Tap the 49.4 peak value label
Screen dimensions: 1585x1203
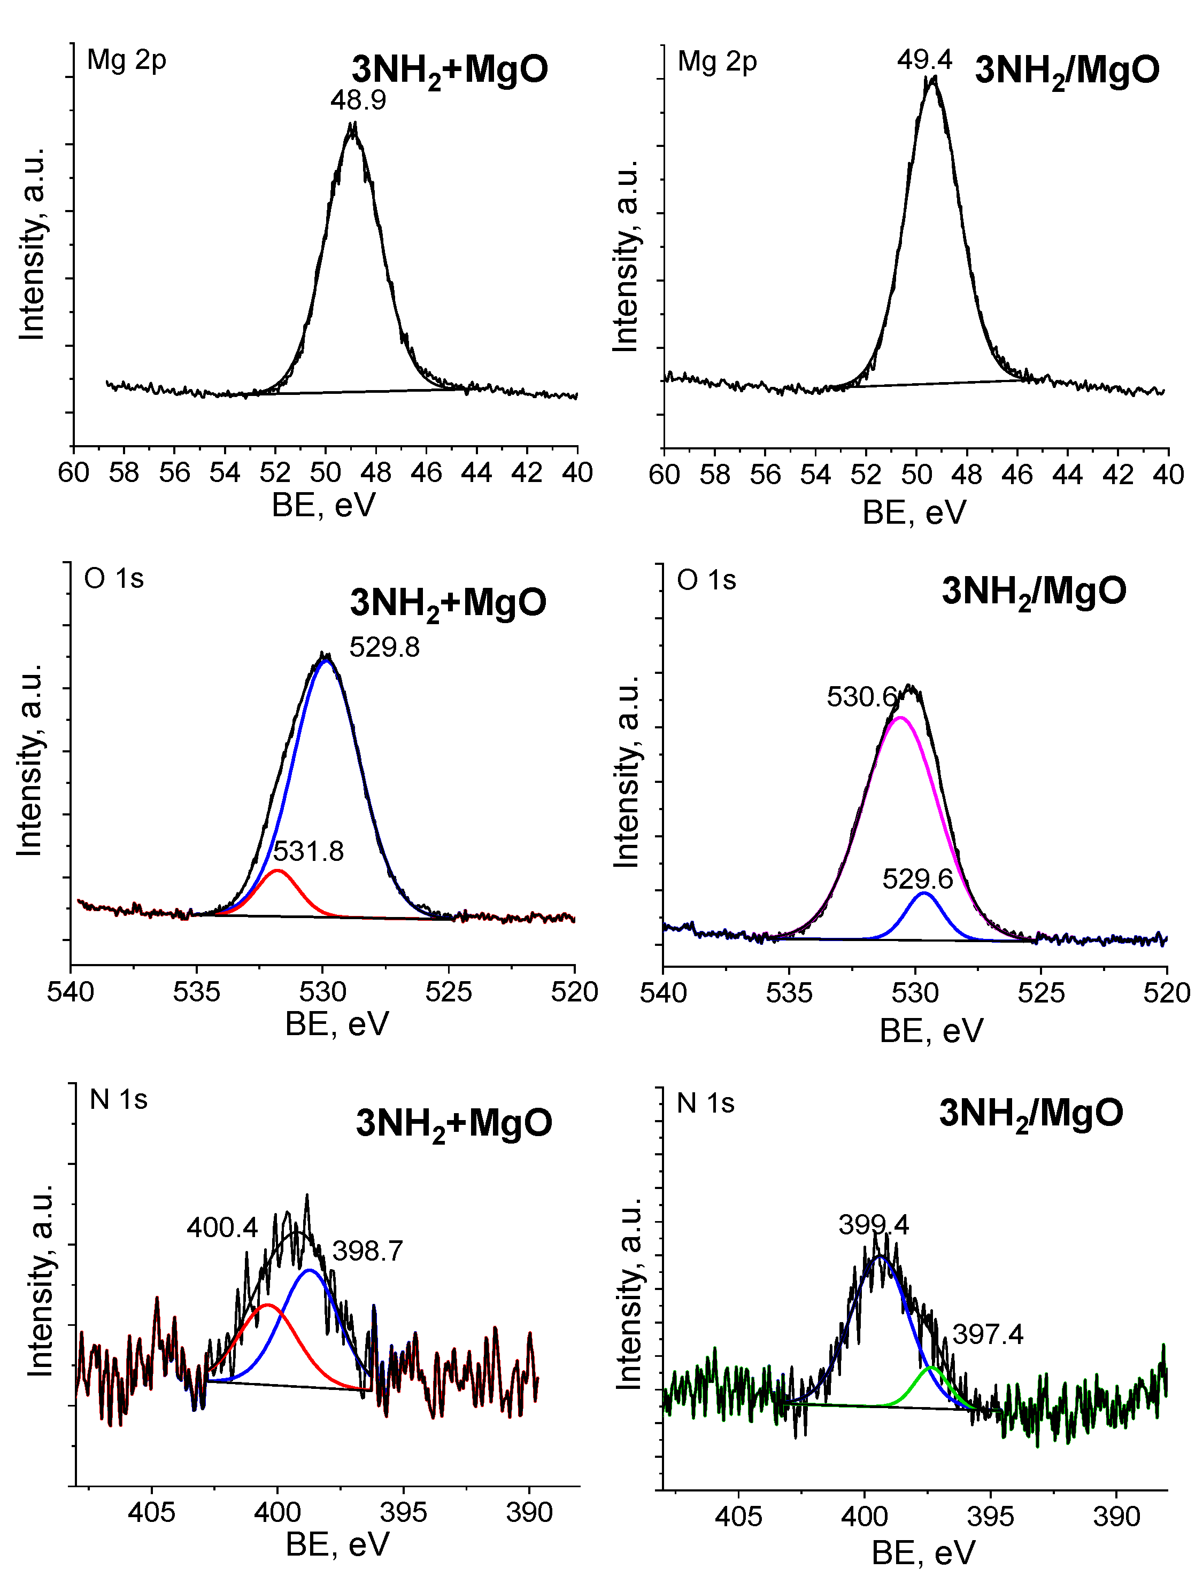pyautogui.click(x=924, y=59)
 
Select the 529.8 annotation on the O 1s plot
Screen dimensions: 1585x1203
pyautogui.click(x=384, y=648)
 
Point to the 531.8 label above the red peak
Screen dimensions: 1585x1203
pyautogui.click(x=309, y=851)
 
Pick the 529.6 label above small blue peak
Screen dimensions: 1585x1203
pyautogui.click(x=917, y=879)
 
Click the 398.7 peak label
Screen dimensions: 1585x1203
pyautogui.click(x=367, y=1251)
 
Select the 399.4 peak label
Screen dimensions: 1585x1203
pyautogui.click(x=873, y=1225)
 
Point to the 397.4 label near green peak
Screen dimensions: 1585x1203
pyautogui.click(x=987, y=1334)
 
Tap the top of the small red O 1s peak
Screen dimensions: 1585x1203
pyautogui.click(x=277, y=871)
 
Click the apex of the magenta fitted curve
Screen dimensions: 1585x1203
pyautogui.click(x=900, y=717)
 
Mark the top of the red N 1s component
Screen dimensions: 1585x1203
pyautogui.click(x=267, y=1305)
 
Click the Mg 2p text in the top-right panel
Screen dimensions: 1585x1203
pyautogui.click(x=716, y=61)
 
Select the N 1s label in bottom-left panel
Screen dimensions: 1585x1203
pyautogui.click(x=118, y=1099)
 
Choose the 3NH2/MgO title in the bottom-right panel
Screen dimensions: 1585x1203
pyautogui.click(x=1030, y=1113)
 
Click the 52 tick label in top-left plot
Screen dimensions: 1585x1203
pyautogui.click(x=275, y=473)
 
